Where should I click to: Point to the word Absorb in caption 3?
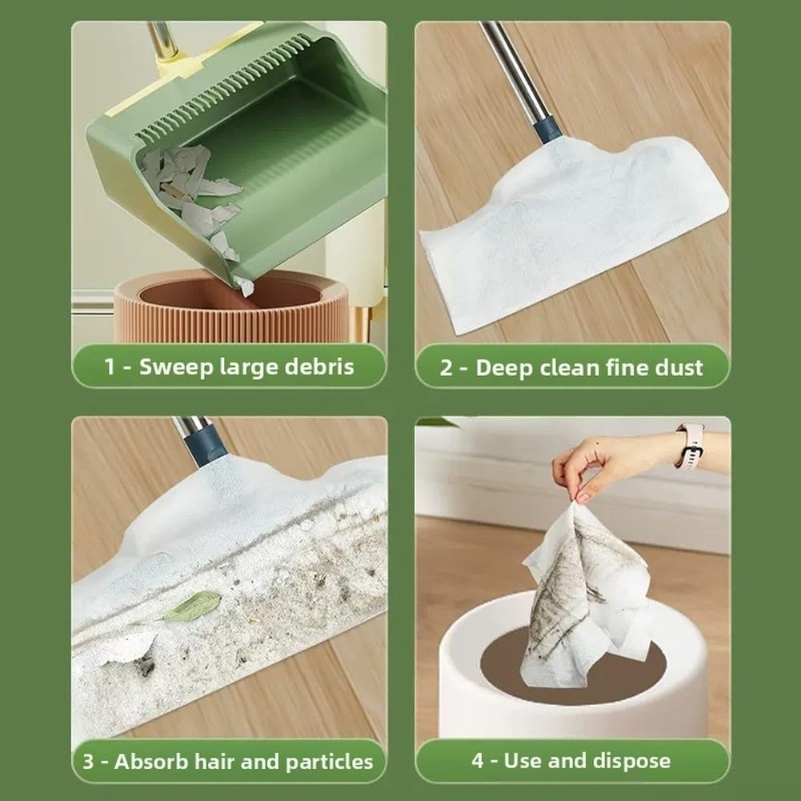point(147,761)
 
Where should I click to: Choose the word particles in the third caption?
point(329,762)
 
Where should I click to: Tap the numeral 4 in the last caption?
point(477,761)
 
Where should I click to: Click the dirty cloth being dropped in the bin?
point(587,598)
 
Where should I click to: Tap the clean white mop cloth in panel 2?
point(572,230)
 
